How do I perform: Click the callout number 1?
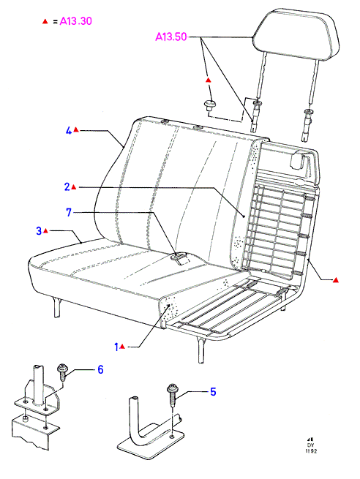point(116,347)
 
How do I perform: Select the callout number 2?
point(67,187)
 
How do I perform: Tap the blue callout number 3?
point(39,230)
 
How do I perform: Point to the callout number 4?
point(69,131)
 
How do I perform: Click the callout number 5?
point(214,392)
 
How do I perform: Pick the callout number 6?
point(100,369)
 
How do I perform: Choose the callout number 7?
point(69,212)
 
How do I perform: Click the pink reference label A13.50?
point(170,37)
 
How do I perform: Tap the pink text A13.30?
point(76,21)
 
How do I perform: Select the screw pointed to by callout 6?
point(62,371)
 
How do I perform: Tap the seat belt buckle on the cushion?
point(181,257)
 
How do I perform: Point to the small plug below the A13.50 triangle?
point(209,106)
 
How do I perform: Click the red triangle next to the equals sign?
point(45,22)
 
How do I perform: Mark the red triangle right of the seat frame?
point(336,280)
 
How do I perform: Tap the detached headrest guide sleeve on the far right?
point(307,125)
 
